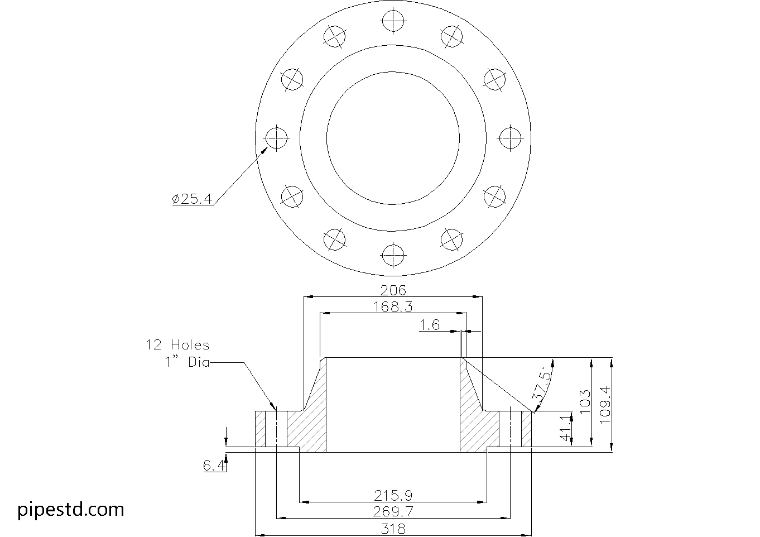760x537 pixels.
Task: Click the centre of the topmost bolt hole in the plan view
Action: coord(393,20)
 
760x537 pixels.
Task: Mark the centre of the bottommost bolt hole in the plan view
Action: coord(393,256)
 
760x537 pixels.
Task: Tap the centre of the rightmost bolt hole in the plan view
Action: coord(511,138)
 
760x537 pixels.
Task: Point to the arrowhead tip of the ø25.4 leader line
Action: coord(268,147)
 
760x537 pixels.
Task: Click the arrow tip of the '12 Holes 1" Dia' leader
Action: coord(275,410)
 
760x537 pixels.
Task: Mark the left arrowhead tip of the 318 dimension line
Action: coord(256,535)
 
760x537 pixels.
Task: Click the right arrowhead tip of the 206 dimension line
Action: coord(482,296)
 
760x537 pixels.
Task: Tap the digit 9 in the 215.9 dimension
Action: coord(408,496)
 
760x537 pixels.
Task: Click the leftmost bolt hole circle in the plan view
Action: coord(276,138)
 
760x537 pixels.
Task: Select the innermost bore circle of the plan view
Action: coord(393,138)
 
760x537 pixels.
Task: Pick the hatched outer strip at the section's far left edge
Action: coord(260,429)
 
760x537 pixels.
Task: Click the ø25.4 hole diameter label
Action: coord(192,199)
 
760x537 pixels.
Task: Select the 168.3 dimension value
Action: coord(393,307)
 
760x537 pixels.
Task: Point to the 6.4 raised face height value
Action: coord(214,466)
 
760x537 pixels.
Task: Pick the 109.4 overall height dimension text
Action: coord(605,405)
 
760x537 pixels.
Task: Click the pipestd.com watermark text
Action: coord(71,510)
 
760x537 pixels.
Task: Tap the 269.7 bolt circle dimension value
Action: coord(393,511)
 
